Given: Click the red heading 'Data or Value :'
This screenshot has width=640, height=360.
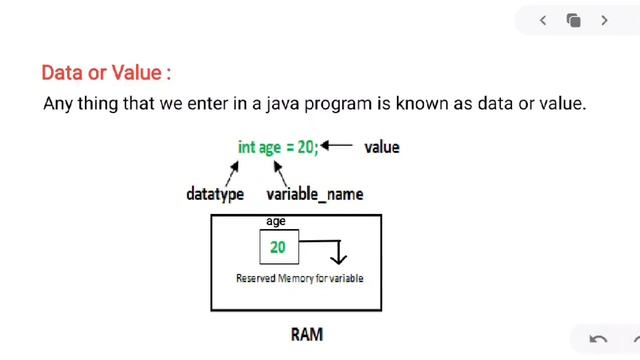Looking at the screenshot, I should tap(106, 73).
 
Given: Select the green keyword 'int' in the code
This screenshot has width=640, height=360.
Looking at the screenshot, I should tap(246, 147).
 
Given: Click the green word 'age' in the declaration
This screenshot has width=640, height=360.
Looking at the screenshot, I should tap(270, 147).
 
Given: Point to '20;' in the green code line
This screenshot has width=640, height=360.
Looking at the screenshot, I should tap(308, 147).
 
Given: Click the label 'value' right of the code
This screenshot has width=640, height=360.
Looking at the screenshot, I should tap(382, 147).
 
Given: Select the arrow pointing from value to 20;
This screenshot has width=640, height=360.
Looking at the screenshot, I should tap(337, 146).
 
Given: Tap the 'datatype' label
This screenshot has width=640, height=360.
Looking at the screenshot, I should tap(215, 194).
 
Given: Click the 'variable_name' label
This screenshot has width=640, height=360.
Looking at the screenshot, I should tap(315, 194).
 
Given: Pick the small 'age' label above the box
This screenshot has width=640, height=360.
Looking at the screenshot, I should tap(276, 221).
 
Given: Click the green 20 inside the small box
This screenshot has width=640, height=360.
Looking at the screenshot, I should tap(278, 247).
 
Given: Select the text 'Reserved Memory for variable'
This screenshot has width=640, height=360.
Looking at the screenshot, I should tap(299, 278).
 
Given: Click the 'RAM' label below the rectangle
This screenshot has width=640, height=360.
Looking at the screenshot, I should tap(307, 334).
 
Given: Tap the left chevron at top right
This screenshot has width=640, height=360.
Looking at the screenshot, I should tap(543, 20).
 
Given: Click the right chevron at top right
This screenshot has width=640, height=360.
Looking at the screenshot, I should tap(604, 20).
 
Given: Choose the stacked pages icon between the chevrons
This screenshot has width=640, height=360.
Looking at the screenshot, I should tap(573, 20).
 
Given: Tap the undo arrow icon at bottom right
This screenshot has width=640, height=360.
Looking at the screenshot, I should tap(598, 339).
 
